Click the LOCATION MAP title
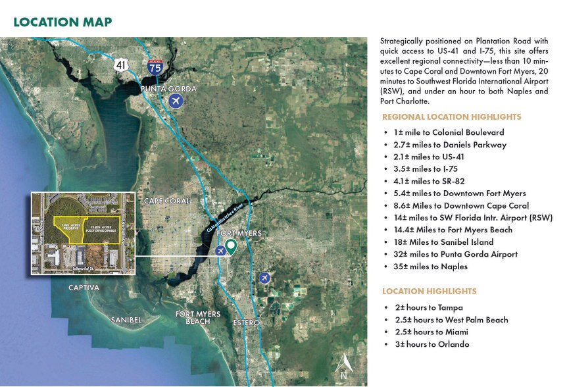62,22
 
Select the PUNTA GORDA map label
168,88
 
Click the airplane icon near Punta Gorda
176,101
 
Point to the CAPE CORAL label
166,201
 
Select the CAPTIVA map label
84,288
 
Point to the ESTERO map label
247,323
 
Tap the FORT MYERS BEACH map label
198,317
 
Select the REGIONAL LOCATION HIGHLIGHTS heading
442,116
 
